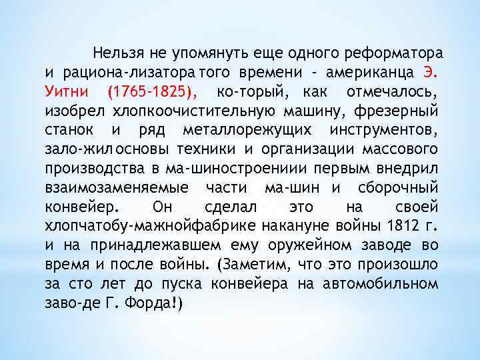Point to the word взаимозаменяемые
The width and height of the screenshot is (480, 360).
(116, 187)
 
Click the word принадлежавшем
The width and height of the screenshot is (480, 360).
(141, 245)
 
